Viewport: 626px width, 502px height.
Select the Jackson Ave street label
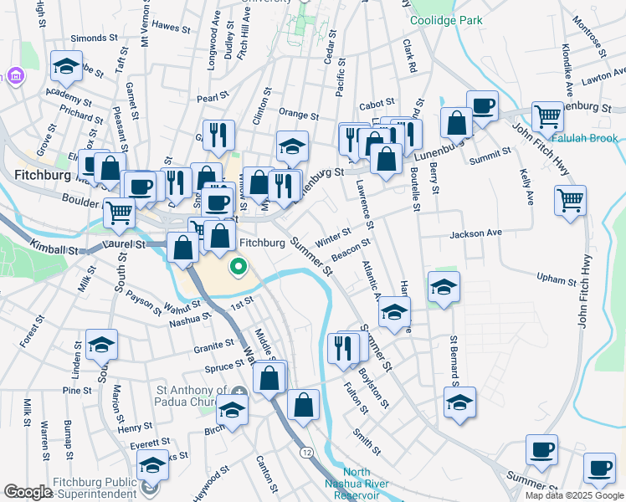(475, 233)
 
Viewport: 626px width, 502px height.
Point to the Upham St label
(557, 279)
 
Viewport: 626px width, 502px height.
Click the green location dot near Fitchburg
(239, 268)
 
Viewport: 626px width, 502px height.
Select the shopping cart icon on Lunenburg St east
(548, 117)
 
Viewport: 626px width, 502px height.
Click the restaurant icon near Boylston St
(343, 346)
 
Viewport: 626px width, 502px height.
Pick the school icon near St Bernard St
(459, 401)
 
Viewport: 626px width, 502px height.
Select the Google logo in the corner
(28, 492)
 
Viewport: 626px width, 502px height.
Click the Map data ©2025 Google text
(573, 495)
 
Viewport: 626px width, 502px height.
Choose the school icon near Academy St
(66, 66)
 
